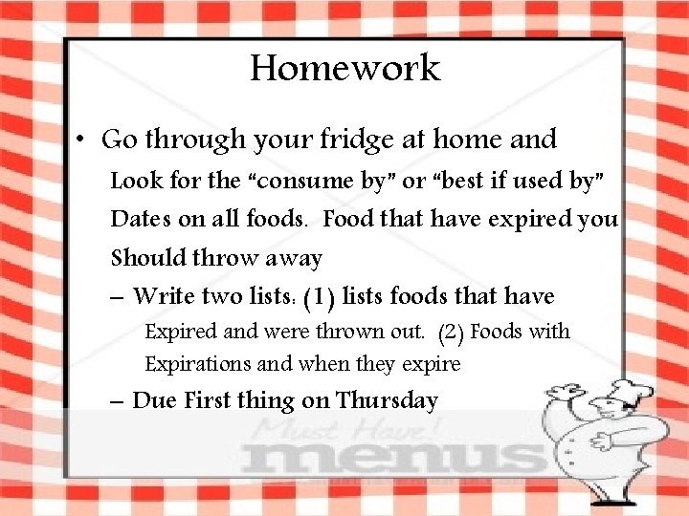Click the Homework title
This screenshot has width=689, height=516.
coord(344,68)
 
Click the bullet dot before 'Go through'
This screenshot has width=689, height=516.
coord(83,140)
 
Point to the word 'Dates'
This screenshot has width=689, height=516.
coord(141,219)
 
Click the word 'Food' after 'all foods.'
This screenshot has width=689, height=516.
coord(348,219)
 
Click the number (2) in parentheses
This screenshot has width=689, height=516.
coord(451,333)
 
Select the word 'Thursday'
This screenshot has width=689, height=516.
coord(387,400)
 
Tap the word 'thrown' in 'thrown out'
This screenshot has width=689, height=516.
coord(358,333)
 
